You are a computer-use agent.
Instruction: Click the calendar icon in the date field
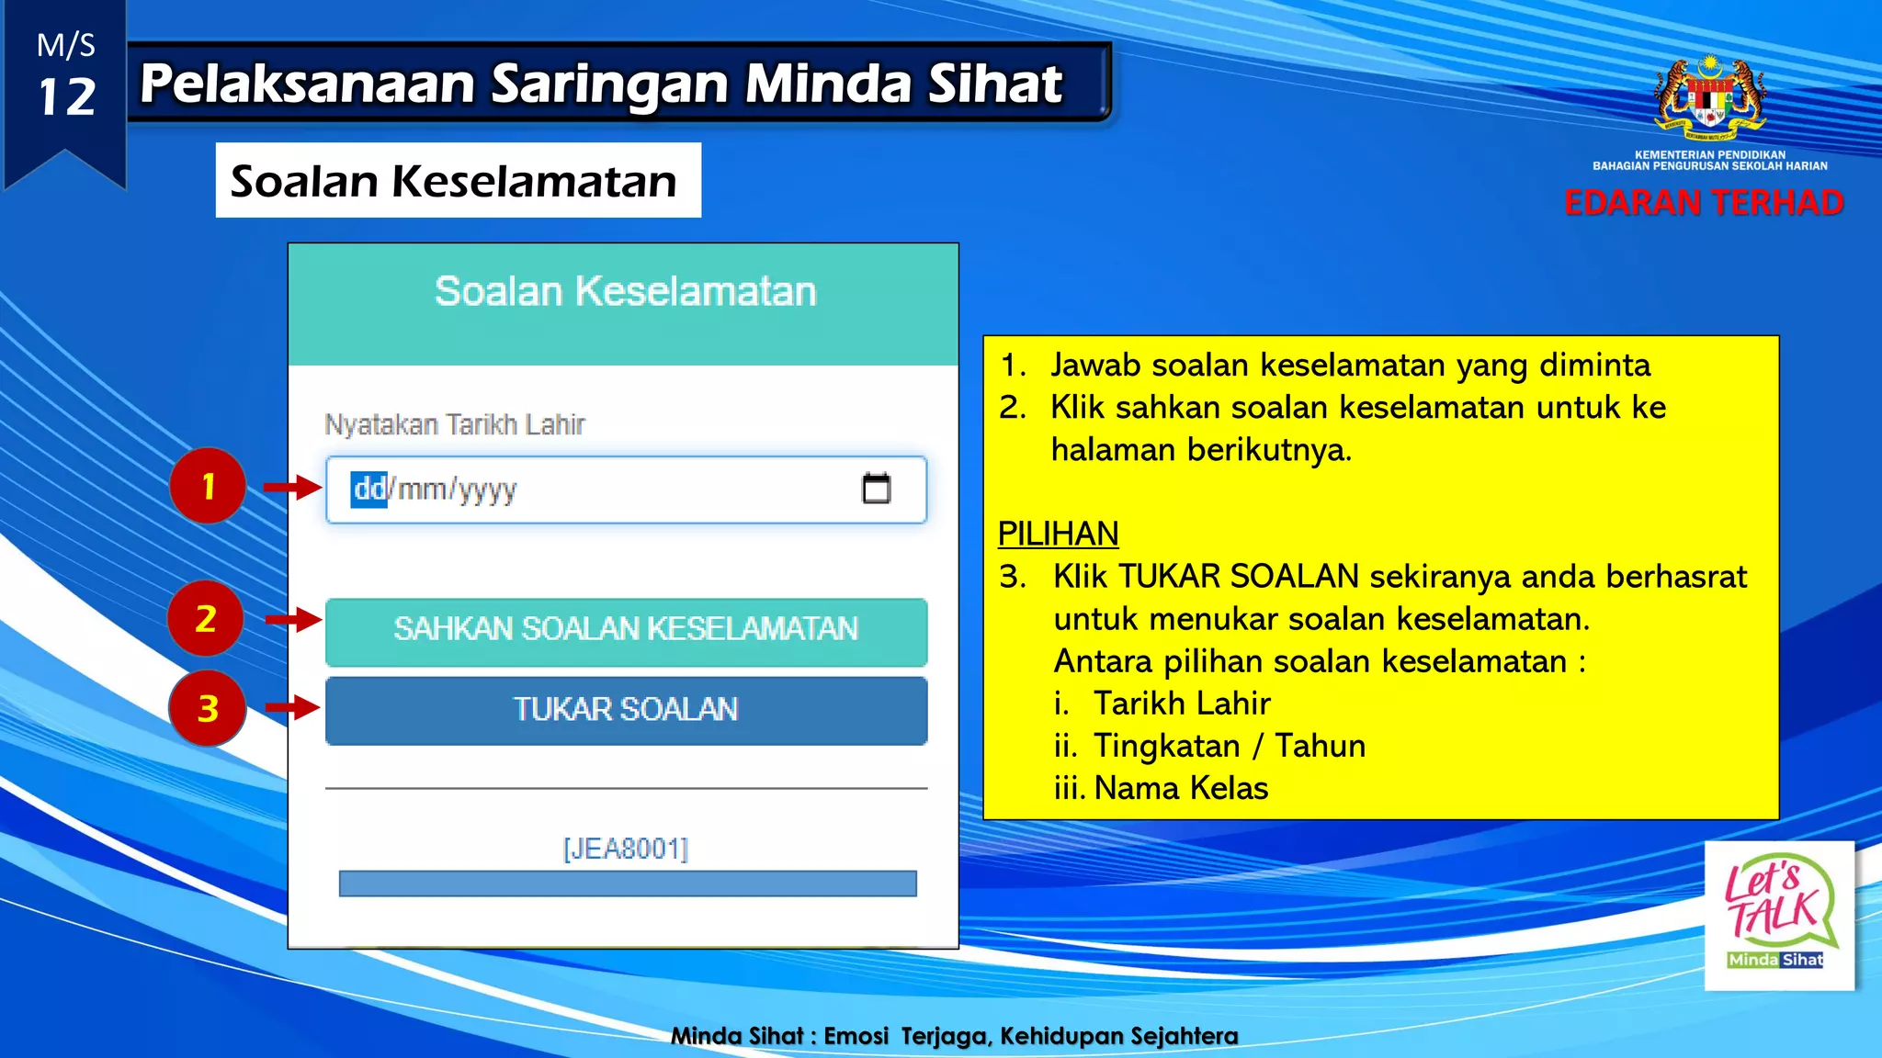tap(876, 489)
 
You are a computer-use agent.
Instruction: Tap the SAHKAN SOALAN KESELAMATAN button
tap(626, 631)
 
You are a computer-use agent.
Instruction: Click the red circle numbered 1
tap(208, 486)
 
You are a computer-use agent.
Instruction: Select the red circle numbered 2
tap(206, 618)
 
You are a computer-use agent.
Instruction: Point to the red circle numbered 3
tap(208, 708)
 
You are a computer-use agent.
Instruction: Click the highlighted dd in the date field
tap(369, 489)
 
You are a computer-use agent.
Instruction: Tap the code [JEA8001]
tap(626, 849)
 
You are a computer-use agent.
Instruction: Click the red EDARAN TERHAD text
tap(1703, 203)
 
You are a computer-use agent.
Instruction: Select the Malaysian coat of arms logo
tap(1709, 97)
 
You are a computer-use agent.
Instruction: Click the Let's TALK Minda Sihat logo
tap(1779, 915)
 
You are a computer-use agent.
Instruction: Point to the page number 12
tap(66, 97)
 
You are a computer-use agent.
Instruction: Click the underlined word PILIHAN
tap(1058, 534)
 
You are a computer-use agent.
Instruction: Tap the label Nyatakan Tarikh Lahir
tap(455, 425)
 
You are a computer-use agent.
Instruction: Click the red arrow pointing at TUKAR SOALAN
tap(292, 707)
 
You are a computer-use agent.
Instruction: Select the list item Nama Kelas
tap(1181, 788)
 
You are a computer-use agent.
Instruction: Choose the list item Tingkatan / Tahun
tap(1229, 746)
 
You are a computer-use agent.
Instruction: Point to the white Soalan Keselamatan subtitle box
tap(458, 181)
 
